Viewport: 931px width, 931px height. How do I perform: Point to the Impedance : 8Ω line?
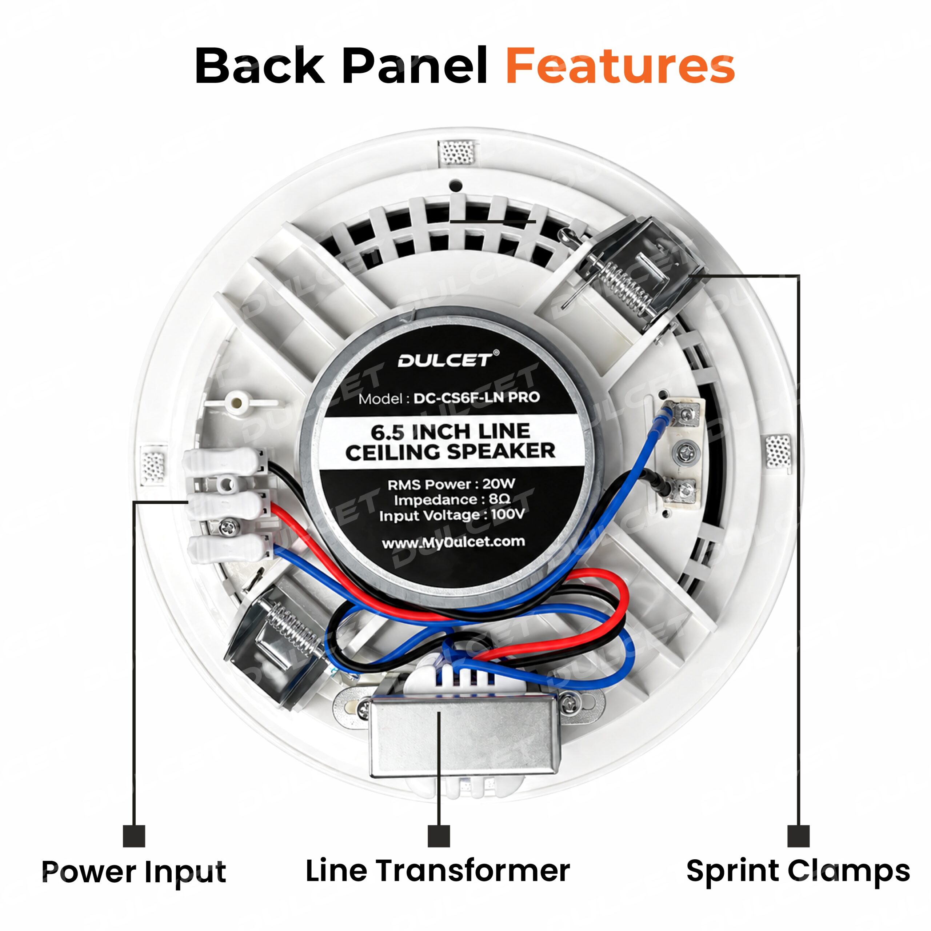452,500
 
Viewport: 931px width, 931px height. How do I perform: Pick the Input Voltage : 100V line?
452,515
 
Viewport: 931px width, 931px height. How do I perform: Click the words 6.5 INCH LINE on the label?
451,431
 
